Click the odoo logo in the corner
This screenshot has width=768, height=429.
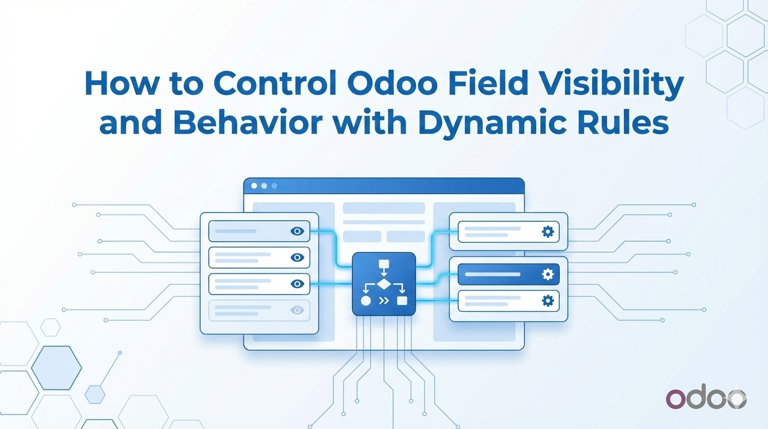[706, 398]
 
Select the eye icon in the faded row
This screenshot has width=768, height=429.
[297, 310]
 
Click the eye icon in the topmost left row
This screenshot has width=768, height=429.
[297, 231]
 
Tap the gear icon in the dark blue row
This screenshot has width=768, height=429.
[548, 274]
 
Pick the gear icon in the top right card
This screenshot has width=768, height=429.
[548, 231]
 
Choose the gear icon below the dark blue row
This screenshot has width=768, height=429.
[548, 301]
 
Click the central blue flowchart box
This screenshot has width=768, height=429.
[384, 284]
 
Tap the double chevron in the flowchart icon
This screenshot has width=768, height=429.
[384, 301]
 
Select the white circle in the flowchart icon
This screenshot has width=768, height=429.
[366, 301]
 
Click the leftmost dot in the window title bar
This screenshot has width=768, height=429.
[254, 185]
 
